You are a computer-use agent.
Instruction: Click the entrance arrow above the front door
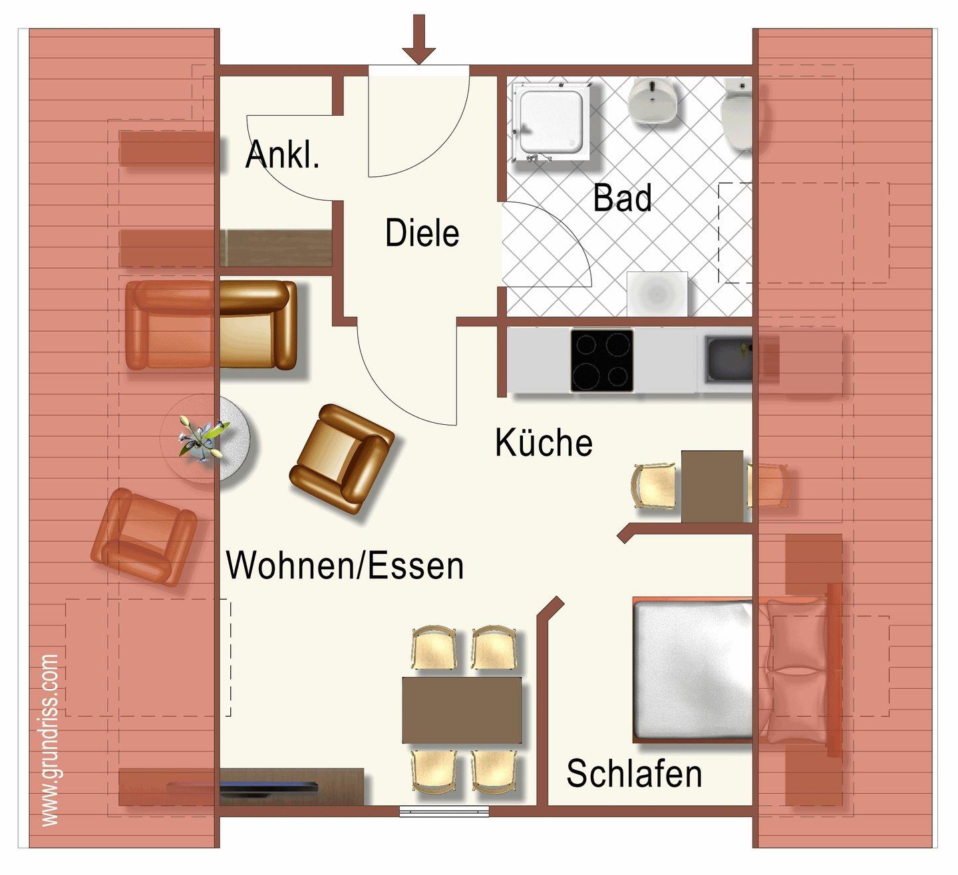point(418,39)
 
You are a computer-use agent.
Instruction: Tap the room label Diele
point(422,233)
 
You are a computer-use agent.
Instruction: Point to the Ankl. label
point(282,154)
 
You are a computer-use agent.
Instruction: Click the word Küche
point(544,442)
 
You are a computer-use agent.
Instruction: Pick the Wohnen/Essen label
point(345,566)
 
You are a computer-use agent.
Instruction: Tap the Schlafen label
point(634,774)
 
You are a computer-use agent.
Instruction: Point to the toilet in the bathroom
point(737,114)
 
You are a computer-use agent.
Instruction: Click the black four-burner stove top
point(601,360)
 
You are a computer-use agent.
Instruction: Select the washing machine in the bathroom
point(657,294)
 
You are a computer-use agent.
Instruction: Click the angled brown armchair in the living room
point(342,459)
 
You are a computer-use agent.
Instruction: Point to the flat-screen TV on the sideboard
point(243,785)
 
